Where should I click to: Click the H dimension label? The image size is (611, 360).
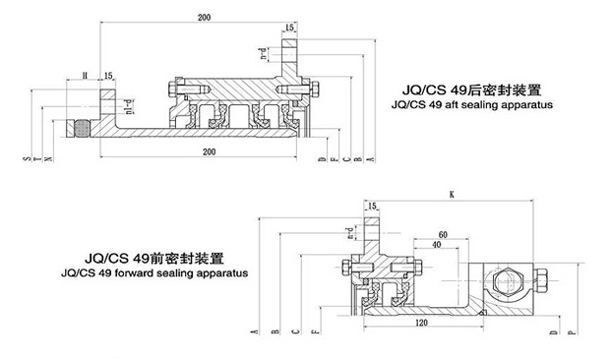point(86,75)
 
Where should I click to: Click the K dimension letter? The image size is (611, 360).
point(450,196)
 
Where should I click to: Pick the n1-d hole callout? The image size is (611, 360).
point(124,98)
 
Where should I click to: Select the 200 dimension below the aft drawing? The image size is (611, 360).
point(210,151)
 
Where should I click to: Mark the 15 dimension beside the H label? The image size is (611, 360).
point(107,75)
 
